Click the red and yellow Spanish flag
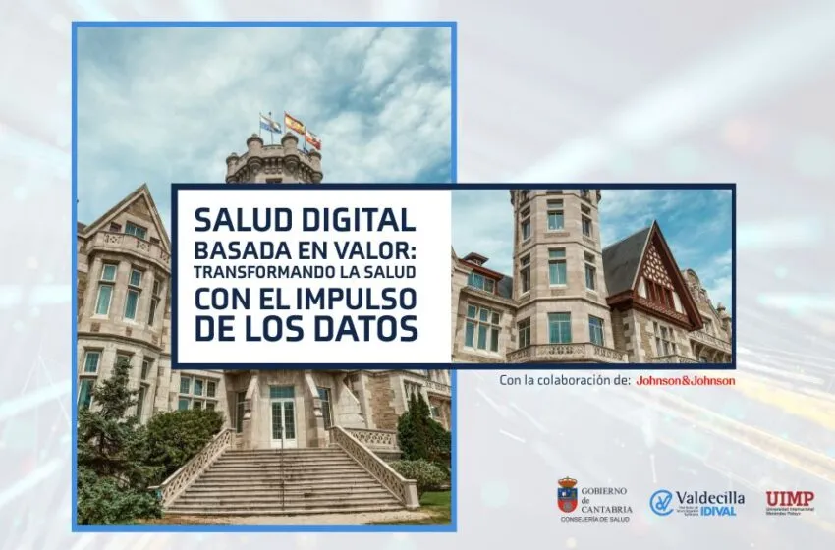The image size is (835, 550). coord(295,124)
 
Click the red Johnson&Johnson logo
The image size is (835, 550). coord(685,380)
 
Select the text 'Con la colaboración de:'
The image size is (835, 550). coord(564,380)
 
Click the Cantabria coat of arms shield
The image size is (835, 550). coord(567,495)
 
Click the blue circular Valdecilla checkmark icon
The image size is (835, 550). coord(661,503)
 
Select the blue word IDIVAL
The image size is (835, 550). coord(719,511)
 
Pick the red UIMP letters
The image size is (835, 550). coord(790,498)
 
